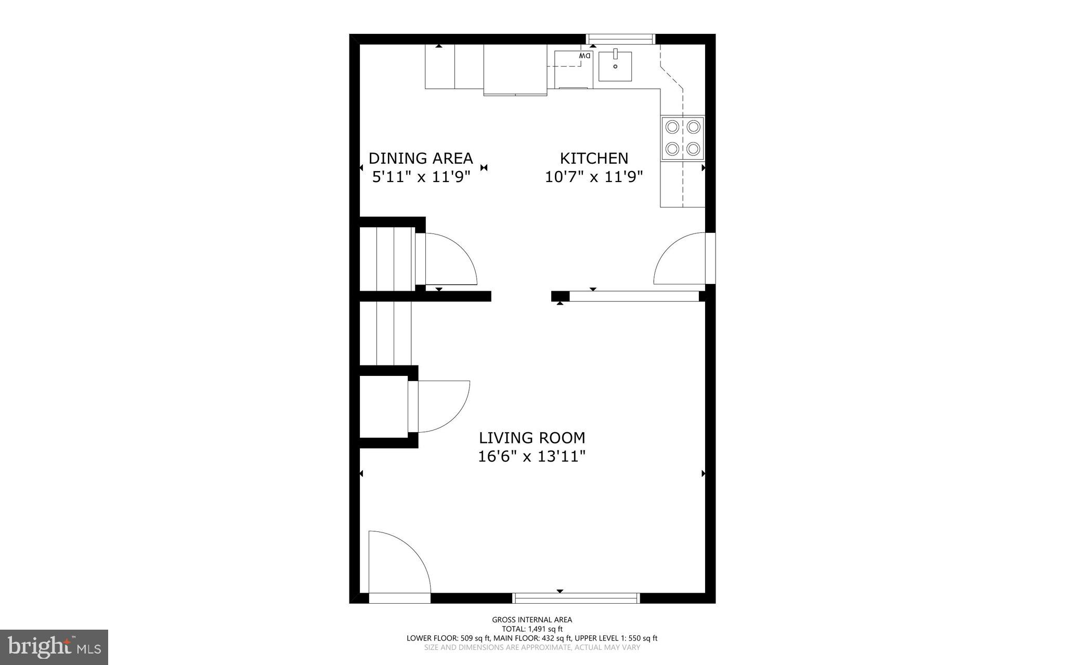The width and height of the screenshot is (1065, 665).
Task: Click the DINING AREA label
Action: (x=421, y=158)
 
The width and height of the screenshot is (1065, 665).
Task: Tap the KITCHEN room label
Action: (x=594, y=158)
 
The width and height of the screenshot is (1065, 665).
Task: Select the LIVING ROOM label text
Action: (x=532, y=438)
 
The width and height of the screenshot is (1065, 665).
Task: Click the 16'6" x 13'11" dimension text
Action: (x=532, y=457)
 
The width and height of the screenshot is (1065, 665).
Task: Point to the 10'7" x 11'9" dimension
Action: (x=594, y=177)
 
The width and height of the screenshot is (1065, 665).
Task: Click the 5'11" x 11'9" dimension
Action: (x=421, y=177)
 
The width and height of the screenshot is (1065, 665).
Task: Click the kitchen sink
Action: (x=615, y=66)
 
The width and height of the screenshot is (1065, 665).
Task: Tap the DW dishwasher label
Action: (x=585, y=56)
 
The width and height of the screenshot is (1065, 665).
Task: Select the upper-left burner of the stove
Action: (x=672, y=126)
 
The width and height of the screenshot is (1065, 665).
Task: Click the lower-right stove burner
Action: (x=693, y=149)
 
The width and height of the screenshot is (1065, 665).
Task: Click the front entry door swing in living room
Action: (x=398, y=564)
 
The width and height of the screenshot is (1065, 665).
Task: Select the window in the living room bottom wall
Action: (x=576, y=597)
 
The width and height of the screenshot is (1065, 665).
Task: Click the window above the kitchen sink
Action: (x=620, y=38)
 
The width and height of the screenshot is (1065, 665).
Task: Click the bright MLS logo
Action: (x=54, y=647)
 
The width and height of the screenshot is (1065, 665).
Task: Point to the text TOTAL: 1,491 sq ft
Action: (x=532, y=629)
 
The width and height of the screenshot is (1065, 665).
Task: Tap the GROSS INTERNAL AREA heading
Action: (x=532, y=619)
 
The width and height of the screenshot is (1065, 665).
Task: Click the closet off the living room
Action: (x=384, y=406)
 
